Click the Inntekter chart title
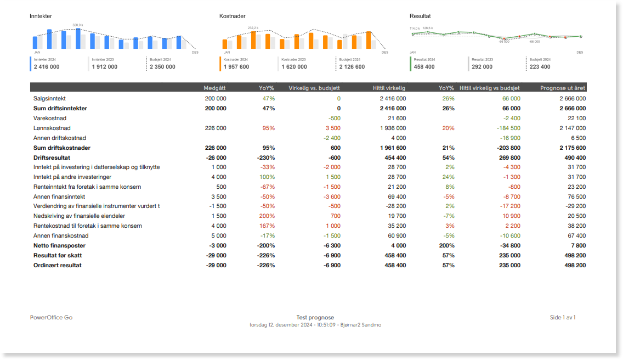pyautogui.click(x=41, y=16)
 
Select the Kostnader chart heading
pyautogui.click(x=232, y=16)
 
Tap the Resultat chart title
pyautogui.click(x=420, y=16)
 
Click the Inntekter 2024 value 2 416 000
pyautogui.click(x=47, y=67)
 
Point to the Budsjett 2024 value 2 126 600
pyautogui.click(x=352, y=67)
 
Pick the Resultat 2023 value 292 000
pyautogui.click(x=482, y=67)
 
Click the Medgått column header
pyautogui.click(x=214, y=88)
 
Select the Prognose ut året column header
pyautogui.click(x=563, y=88)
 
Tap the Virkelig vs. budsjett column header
pyautogui.click(x=314, y=88)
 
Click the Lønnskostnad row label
pyautogui.click(x=52, y=128)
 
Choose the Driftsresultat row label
pyautogui.click(x=52, y=157)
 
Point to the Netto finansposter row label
pyautogui.click(x=59, y=245)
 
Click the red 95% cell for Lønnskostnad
pyautogui.click(x=269, y=128)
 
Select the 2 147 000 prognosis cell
pyautogui.click(x=573, y=128)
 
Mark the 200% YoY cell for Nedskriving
pyautogui.click(x=267, y=216)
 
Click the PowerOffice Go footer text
pyautogui.click(x=51, y=317)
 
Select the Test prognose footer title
pyautogui.click(x=315, y=317)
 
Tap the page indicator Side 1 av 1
pyautogui.click(x=563, y=317)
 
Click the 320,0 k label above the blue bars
pyautogui.click(x=77, y=25)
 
